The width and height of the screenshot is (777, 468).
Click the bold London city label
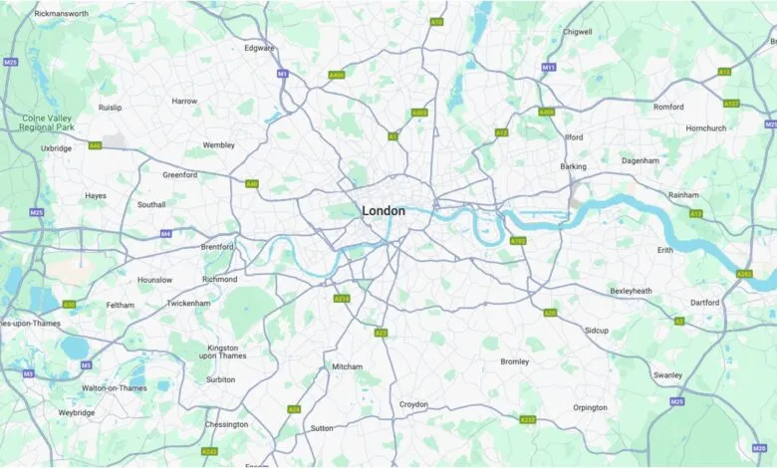(384, 211)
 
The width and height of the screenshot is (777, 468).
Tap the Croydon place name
(413, 404)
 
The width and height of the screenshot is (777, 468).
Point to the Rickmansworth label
(61, 14)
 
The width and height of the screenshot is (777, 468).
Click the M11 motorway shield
(548, 68)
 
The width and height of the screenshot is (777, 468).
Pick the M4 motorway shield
(165, 234)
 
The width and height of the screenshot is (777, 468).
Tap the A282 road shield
(743, 274)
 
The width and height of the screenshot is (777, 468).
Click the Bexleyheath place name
(631, 291)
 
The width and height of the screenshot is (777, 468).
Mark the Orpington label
(590, 407)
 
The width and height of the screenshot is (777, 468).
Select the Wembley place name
(218, 144)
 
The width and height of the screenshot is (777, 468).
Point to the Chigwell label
(577, 32)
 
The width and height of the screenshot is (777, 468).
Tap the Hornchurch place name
(706, 127)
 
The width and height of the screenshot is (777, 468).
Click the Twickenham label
(188, 303)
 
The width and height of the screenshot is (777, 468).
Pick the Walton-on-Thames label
(114, 387)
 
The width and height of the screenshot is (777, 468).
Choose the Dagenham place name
(641, 160)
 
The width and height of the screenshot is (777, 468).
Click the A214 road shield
(342, 298)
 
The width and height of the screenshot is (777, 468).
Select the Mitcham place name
(347, 366)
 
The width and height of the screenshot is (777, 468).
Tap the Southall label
(151, 204)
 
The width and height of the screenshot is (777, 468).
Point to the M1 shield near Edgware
(283, 75)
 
